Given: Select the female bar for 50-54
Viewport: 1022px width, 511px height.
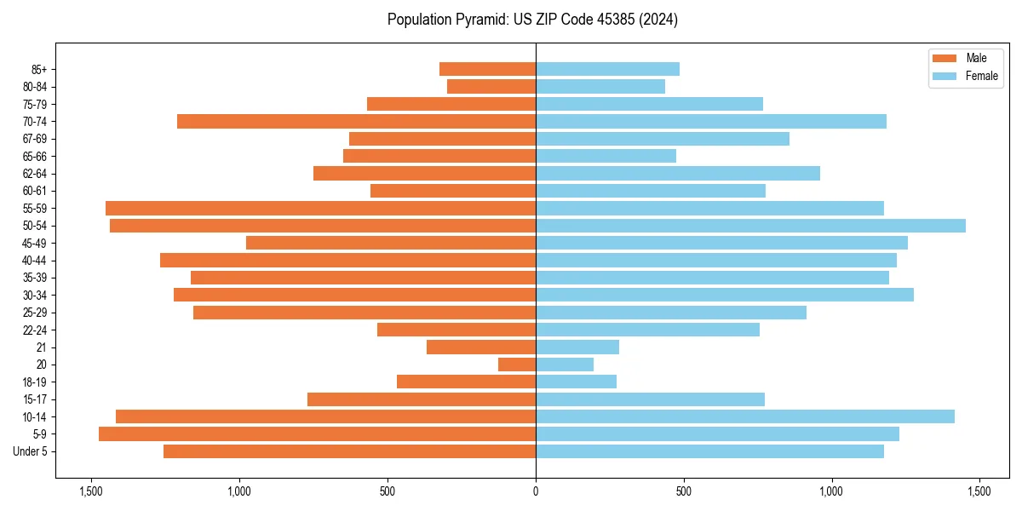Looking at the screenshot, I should coord(750,226).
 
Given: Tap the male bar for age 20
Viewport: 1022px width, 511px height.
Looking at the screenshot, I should coord(517,365).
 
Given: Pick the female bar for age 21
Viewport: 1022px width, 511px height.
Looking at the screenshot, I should coord(577,347).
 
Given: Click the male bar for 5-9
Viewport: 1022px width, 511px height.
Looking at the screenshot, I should coord(317,434).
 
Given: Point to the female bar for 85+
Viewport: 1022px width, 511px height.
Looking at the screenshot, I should coord(607,69).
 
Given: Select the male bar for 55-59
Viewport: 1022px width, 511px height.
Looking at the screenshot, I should coord(320,208).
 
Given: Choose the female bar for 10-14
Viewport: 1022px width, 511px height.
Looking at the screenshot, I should coord(745,416).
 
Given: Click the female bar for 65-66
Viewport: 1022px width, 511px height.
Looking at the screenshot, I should coord(606,156).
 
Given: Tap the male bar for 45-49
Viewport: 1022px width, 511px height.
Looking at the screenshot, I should coord(391,243).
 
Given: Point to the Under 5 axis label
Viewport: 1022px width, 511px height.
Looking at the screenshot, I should coord(30,451).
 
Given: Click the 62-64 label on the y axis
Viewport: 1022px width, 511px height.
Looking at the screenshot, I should coord(35,174).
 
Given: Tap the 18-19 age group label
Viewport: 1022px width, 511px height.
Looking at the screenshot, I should coord(35,382).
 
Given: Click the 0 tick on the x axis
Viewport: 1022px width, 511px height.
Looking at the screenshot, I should coord(536,491).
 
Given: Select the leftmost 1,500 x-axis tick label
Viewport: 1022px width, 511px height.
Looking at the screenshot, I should coord(91,491).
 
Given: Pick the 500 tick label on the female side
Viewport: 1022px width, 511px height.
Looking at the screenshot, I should coord(683,491).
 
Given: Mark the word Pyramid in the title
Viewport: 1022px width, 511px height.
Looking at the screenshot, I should coord(478,20).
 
